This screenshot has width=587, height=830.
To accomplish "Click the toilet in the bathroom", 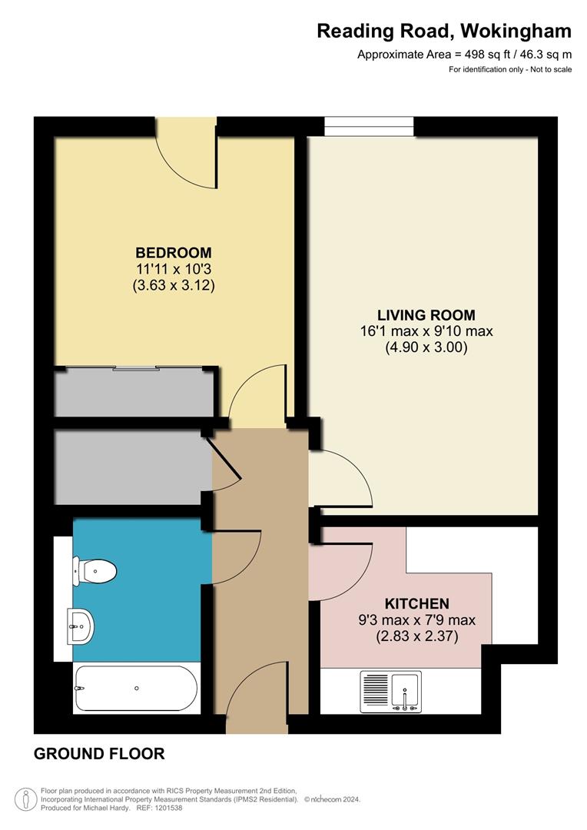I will [95, 571].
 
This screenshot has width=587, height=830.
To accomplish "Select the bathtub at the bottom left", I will [136, 689].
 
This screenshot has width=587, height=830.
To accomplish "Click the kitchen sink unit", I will [391, 689].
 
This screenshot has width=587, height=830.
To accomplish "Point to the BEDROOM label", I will [174, 253].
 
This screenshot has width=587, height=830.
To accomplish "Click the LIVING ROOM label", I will [426, 315].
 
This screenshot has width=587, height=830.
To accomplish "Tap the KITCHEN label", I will [417, 604].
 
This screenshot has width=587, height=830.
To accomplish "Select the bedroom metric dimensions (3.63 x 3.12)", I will [174, 286].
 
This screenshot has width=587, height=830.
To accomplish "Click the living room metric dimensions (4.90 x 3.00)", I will [426, 347].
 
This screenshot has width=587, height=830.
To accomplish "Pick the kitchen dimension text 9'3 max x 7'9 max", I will [417, 620].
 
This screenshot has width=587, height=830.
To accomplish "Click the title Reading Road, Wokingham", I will [444, 32].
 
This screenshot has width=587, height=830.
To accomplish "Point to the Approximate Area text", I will [464, 55].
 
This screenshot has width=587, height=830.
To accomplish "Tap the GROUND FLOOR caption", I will [99, 754].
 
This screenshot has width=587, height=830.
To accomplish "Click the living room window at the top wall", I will [370, 126].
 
